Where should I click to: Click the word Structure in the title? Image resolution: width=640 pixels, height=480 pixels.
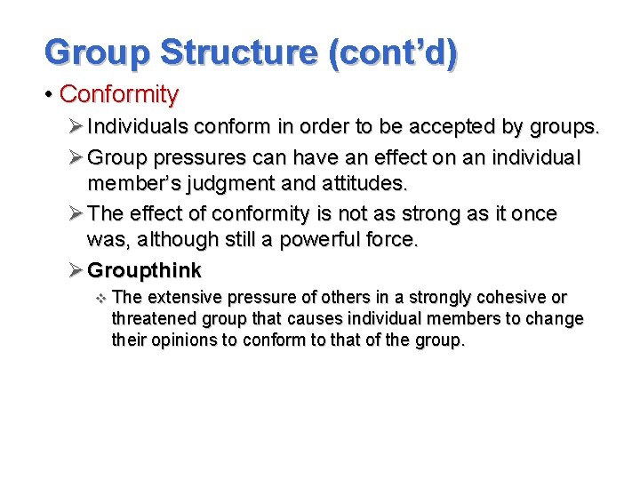point(237,52)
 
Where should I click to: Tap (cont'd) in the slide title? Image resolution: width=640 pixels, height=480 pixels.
point(393,52)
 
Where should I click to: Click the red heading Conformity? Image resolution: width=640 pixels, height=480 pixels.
point(118,93)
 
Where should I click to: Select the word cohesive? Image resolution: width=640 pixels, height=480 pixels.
point(510,298)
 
